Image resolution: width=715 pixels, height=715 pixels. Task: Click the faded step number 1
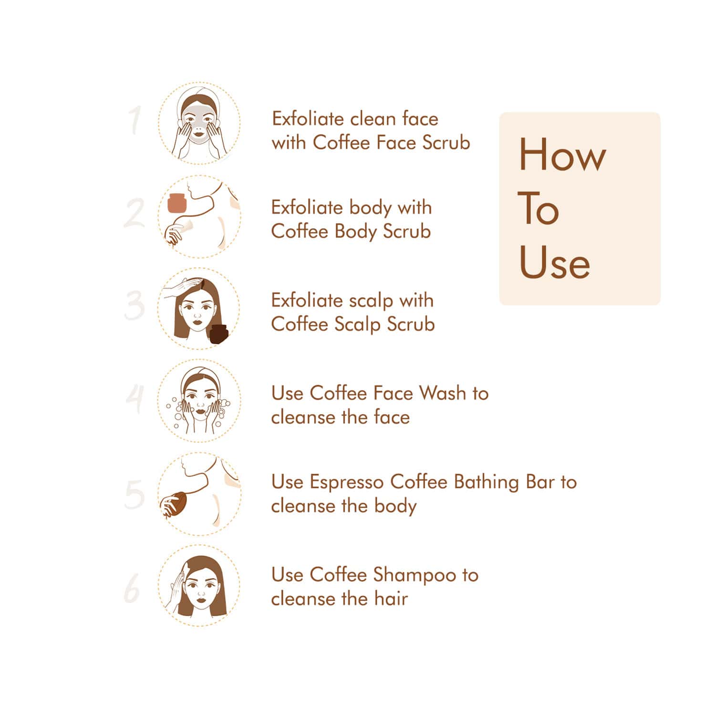click(x=135, y=120)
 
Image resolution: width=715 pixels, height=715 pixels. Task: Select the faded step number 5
click(x=134, y=494)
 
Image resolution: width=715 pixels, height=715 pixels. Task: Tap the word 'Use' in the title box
click(x=554, y=262)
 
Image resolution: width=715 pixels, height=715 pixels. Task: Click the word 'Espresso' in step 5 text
click(x=346, y=482)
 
